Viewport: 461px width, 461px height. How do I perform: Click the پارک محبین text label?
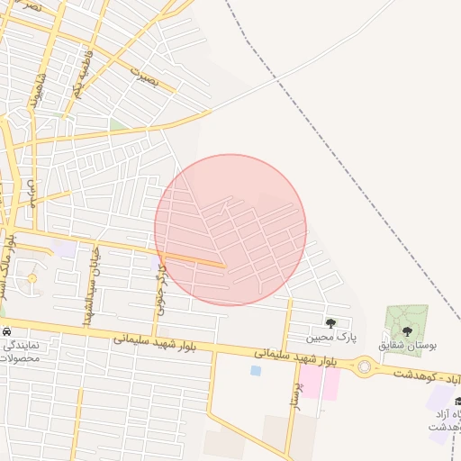click(330, 338)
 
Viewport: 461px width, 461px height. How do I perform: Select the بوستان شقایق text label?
click(407, 345)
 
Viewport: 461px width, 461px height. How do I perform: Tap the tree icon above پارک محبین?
click(330, 322)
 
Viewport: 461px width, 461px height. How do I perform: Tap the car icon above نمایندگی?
click(6, 330)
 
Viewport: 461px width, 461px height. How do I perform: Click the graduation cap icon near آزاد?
click(457, 401)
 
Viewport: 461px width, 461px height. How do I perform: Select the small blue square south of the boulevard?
click(256, 370)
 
